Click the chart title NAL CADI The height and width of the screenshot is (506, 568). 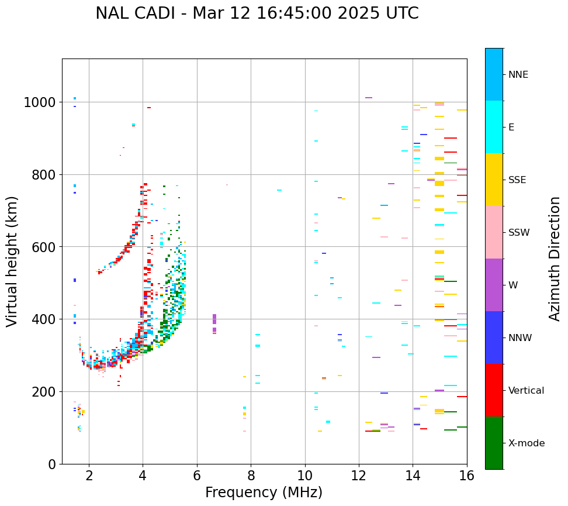tap(257, 13)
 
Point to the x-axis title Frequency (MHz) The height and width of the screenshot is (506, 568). tap(264, 493)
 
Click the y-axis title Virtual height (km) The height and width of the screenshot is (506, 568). tap(12, 261)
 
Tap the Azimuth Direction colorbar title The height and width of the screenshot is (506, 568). tap(555, 259)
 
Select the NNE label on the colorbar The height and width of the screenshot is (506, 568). tap(518, 74)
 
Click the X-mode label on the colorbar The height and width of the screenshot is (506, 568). tap(527, 443)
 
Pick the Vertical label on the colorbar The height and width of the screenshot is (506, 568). tap(527, 390)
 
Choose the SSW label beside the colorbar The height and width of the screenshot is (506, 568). tap(519, 232)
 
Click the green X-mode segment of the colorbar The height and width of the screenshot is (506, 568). tap(494, 443)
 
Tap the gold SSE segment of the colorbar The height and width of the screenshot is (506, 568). tap(494, 180)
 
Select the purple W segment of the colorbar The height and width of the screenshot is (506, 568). tap(494, 285)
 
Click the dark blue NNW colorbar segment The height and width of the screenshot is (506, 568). tap(494, 338)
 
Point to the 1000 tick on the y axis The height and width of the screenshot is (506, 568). tap(40, 102)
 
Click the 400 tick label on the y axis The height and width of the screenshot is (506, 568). tap(44, 319)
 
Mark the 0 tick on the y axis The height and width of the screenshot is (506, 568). tap(51, 464)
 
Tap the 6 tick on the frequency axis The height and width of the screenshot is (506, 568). tap(197, 476)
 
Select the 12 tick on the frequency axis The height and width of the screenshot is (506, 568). tap(359, 476)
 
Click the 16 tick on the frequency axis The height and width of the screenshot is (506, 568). tap(466, 476)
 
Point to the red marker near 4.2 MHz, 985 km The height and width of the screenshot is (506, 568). tap(149, 108)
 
